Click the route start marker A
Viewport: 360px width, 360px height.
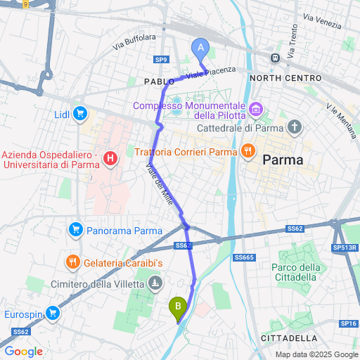coord(200,48)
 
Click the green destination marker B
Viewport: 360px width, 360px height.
coord(178,306)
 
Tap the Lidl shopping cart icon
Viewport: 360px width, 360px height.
coord(81,113)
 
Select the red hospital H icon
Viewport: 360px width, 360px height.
coord(110,160)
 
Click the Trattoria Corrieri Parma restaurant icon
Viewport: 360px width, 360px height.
coord(247,151)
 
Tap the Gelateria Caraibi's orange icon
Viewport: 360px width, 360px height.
coord(74,262)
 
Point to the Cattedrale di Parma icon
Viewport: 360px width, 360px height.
coord(295,127)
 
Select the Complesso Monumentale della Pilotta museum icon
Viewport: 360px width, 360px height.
coord(255,109)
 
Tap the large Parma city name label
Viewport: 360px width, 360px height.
coord(283,160)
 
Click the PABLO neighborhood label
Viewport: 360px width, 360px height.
coord(159,82)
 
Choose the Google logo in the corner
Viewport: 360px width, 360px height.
coord(23,352)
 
